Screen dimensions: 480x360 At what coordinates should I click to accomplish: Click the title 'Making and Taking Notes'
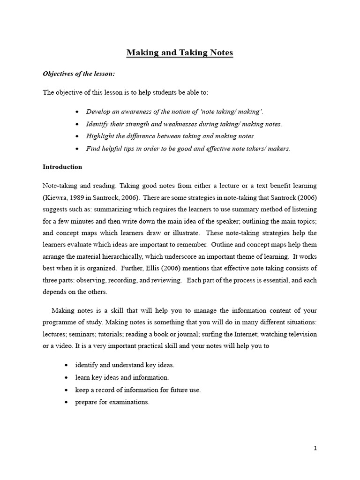(180, 53)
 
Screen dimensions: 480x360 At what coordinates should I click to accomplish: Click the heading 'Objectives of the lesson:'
(79, 74)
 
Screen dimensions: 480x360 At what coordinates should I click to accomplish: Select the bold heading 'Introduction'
(62, 167)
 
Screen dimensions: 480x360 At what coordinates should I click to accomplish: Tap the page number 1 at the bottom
(315, 449)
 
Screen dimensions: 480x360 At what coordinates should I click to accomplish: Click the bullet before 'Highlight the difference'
(77, 136)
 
